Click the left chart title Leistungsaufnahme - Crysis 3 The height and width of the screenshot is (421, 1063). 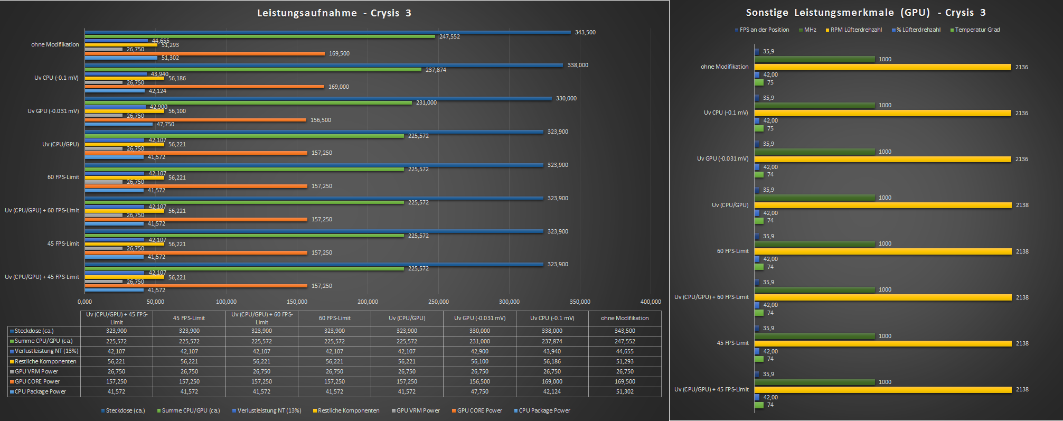pyautogui.click(x=334, y=13)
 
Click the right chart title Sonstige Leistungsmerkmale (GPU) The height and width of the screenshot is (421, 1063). pyautogui.click(x=866, y=13)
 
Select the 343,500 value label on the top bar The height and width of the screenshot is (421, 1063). pyautogui.click(x=585, y=32)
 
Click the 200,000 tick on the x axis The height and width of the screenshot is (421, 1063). pyautogui.click(x=368, y=302)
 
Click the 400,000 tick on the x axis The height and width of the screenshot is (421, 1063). pyautogui.click(x=651, y=302)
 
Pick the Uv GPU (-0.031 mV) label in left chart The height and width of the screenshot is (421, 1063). pyautogui.click(x=53, y=111)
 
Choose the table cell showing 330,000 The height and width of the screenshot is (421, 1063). pyautogui.click(x=479, y=331)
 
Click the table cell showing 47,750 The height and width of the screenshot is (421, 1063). pyautogui.click(x=479, y=391)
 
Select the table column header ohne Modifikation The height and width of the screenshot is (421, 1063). pyautogui.click(x=625, y=318)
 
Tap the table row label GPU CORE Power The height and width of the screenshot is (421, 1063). pyautogui.click(x=37, y=381)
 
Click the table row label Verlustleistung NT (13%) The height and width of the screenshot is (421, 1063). pyautogui.click(x=46, y=351)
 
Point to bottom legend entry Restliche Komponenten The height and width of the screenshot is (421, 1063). pyautogui.click(x=349, y=410)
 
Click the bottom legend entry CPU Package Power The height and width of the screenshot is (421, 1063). pyautogui.click(x=544, y=410)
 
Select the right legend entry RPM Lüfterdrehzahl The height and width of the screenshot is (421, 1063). pyautogui.click(x=856, y=30)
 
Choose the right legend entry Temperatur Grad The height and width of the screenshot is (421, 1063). pyautogui.click(x=977, y=30)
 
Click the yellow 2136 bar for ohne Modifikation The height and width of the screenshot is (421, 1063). pyautogui.click(x=882, y=67)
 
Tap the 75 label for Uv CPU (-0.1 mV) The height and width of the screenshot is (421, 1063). pyautogui.click(x=770, y=128)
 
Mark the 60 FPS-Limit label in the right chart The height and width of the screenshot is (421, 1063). pyautogui.click(x=732, y=251)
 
